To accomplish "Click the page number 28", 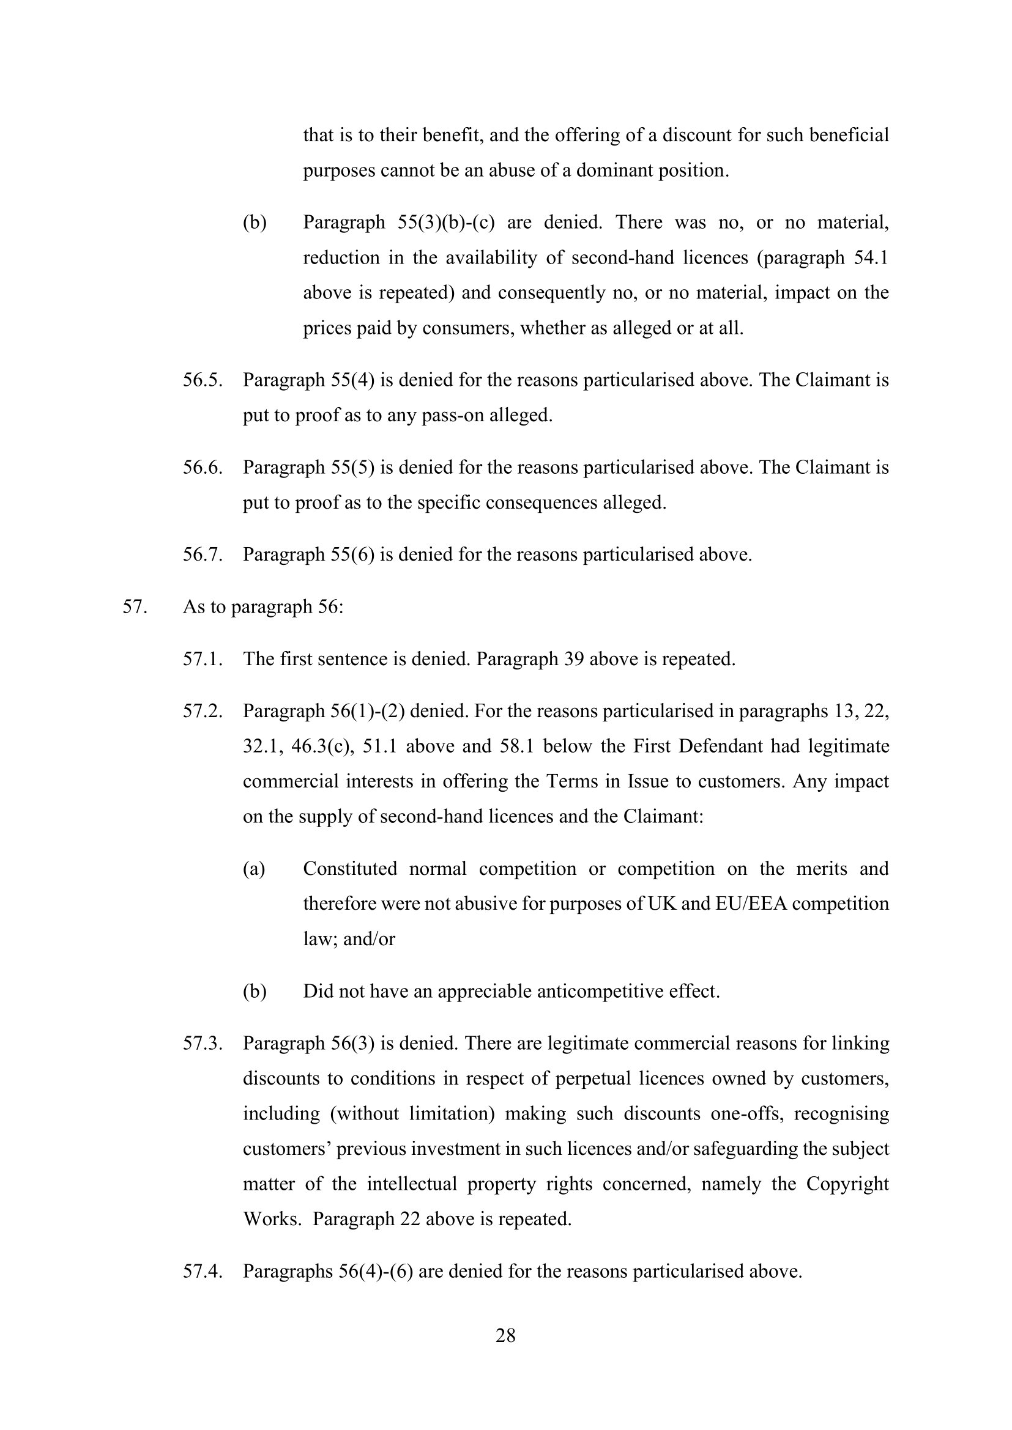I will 505,1335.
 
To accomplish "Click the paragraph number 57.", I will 134,606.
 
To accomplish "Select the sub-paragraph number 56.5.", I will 203,380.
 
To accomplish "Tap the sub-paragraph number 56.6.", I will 203,467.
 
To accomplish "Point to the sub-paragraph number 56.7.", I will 203,555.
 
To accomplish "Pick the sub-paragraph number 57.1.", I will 203,659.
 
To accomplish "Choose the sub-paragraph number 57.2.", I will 203,711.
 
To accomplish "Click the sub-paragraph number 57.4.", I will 203,1270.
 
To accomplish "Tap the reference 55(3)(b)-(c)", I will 445,223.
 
